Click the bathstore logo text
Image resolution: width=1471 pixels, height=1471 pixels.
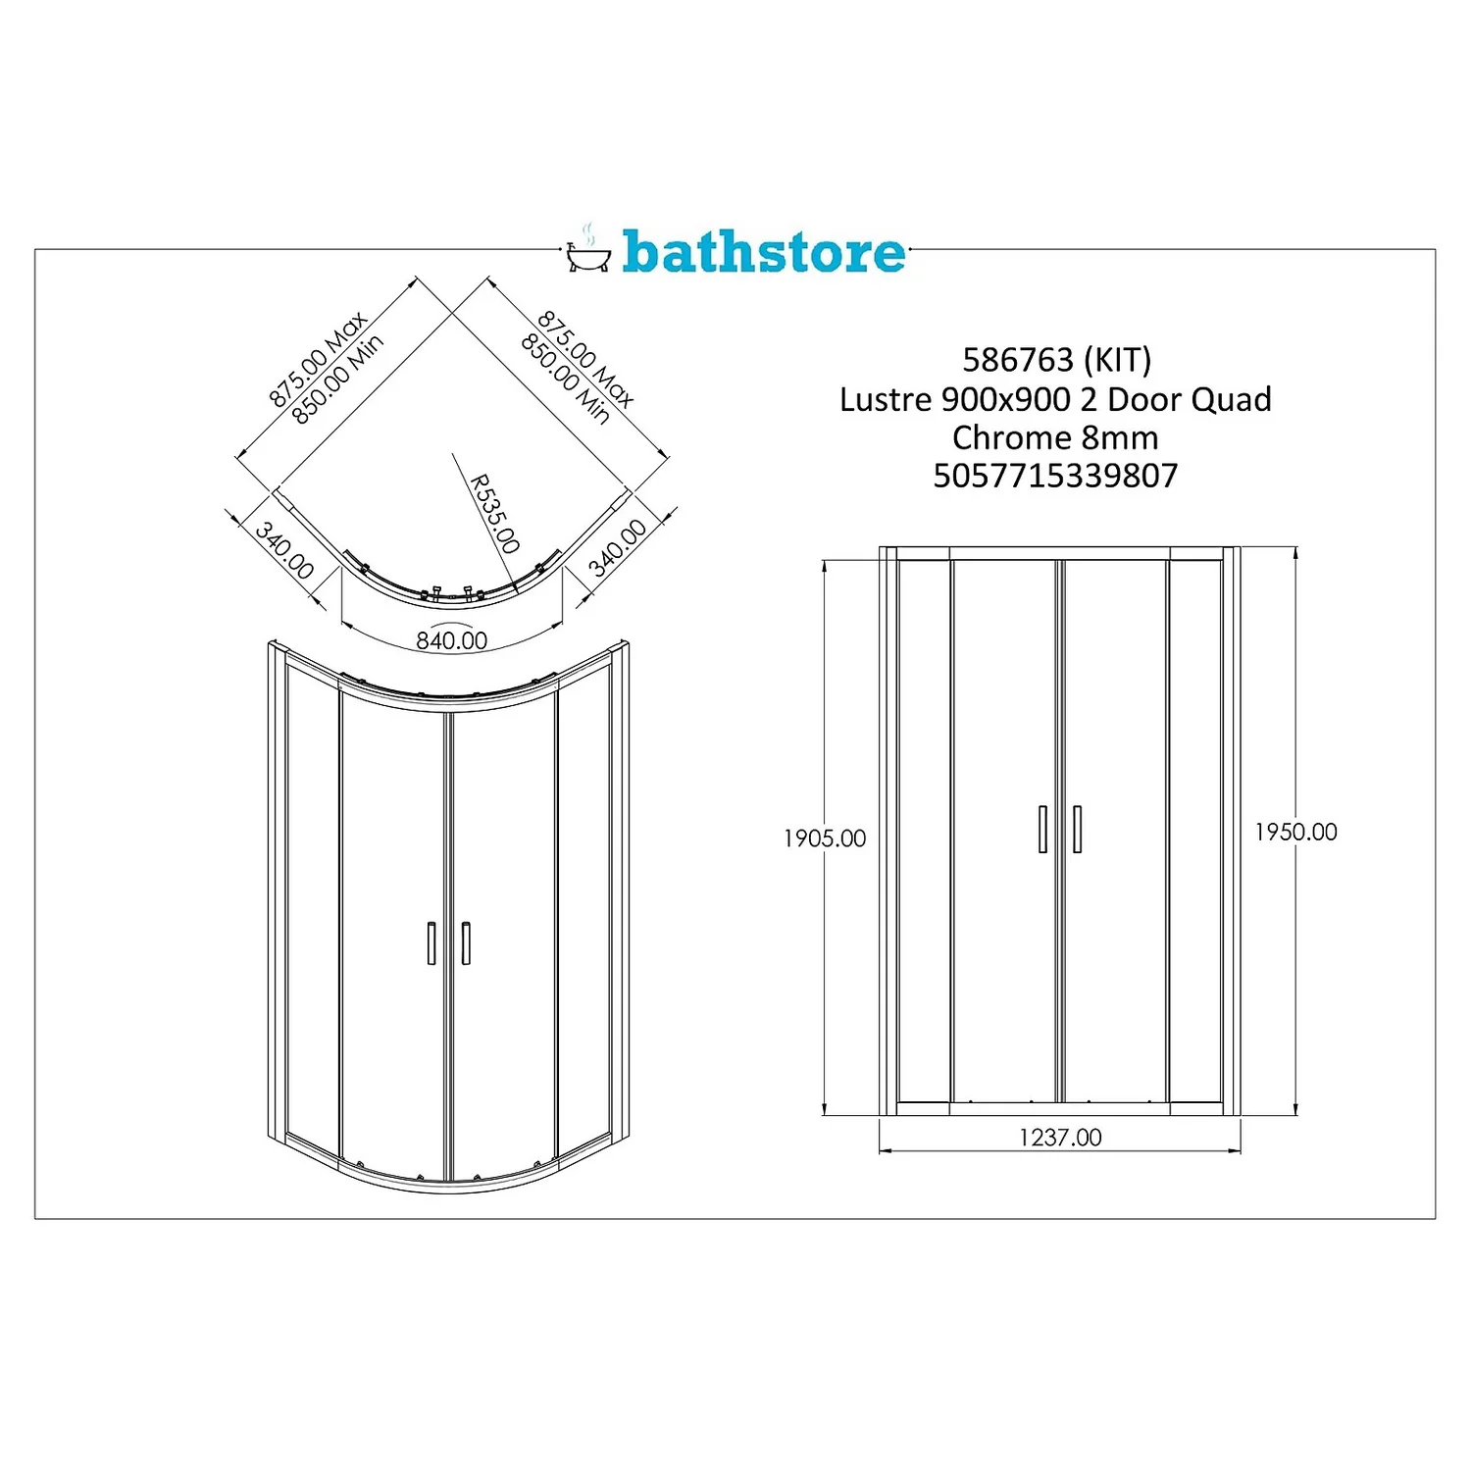point(763,252)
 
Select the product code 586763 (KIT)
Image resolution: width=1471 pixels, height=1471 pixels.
point(1056,360)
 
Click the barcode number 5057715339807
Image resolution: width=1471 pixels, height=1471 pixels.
point(1055,476)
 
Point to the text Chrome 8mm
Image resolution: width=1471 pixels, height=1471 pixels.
point(1055,437)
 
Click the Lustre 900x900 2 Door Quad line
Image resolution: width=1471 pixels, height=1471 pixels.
point(1055,399)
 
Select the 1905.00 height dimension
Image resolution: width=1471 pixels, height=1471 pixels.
point(825,838)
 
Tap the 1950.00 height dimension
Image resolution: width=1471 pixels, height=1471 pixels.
point(1295,832)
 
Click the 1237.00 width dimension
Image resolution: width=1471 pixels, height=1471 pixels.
point(1060,1137)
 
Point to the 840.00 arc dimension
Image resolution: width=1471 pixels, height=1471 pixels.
point(451,640)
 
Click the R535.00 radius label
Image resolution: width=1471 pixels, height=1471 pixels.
point(493,514)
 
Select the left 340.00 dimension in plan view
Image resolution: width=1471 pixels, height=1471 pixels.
point(284,550)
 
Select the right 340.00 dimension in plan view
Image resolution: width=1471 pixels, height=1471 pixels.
point(618,547)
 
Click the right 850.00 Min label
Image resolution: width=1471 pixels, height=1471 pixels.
point(565,379)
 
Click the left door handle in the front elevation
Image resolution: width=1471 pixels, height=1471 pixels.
point(1042,829)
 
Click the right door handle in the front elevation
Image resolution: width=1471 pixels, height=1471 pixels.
point(1077,829)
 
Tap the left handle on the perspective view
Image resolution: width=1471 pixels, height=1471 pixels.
point(431,942)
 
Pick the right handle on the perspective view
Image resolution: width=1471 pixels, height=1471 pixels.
point(466,942)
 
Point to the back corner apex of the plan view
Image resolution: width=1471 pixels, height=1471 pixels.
point(452,316)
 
